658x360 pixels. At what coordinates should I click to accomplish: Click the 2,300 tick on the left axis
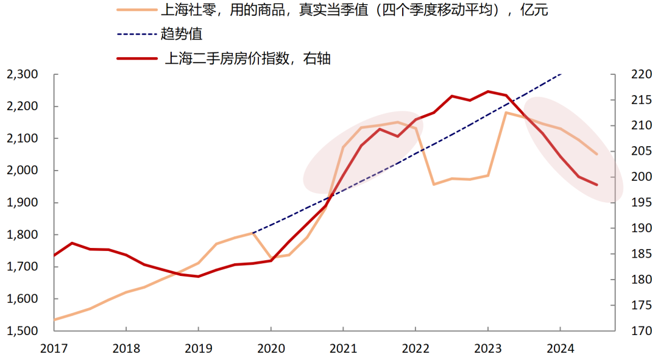tap(23, 75)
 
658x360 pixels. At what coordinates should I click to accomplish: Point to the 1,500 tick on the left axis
tap(23, 331)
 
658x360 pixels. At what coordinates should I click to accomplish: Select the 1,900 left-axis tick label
tap(23, 203)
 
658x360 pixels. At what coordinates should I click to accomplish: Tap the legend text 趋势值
tap(181, 34)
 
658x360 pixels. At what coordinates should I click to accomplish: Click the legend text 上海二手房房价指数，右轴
tap(248, 59)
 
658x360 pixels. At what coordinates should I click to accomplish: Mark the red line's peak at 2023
tap(487, 91)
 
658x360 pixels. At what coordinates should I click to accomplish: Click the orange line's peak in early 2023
tap(506, 112)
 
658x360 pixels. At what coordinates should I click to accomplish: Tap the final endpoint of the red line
tap(596, 185)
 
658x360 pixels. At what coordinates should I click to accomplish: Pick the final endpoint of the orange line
tap(596, 154)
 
